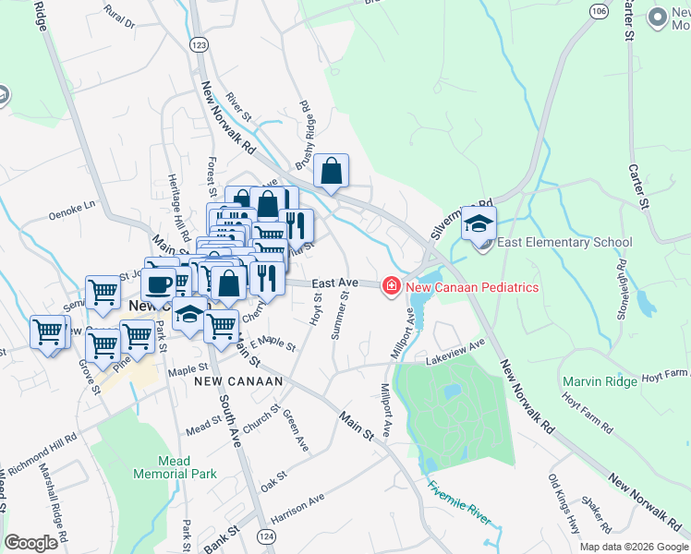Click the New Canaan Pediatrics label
click(472, 287)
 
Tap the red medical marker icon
click(392, 287)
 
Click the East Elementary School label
click(564, 243)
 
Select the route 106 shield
click(599, 10)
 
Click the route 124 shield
click(266, 536)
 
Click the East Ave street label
click(333, 283)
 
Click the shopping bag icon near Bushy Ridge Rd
click(332, 171)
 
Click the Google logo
click(31, 543)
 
